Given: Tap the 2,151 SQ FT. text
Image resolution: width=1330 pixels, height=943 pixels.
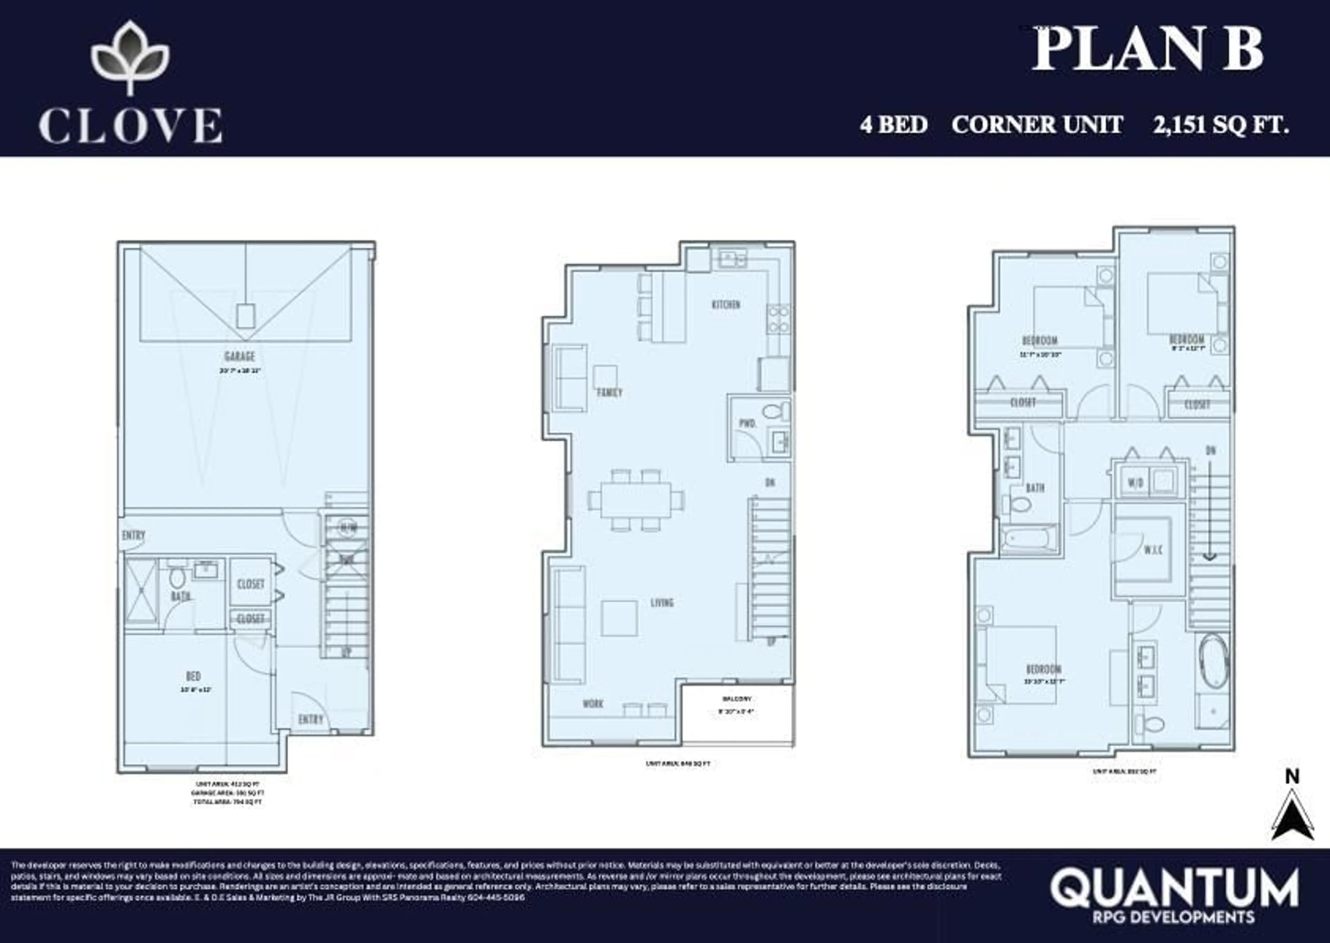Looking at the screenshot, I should pos(1221,125).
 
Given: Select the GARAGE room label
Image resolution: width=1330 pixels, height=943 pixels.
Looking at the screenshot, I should pos(239,356).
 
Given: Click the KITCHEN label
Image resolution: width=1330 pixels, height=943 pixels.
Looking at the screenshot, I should pos(726,304).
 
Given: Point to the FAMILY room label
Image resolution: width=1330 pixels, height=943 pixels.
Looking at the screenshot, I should pos(609,392).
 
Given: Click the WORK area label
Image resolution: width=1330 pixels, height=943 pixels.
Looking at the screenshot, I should pos(593,704).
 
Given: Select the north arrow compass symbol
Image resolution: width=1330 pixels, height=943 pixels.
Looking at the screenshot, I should pos(1292,816).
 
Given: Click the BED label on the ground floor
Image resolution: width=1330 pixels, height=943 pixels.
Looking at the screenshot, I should pos(193,676).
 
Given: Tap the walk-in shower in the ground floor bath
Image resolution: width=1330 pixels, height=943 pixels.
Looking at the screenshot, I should pos(141,591).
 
